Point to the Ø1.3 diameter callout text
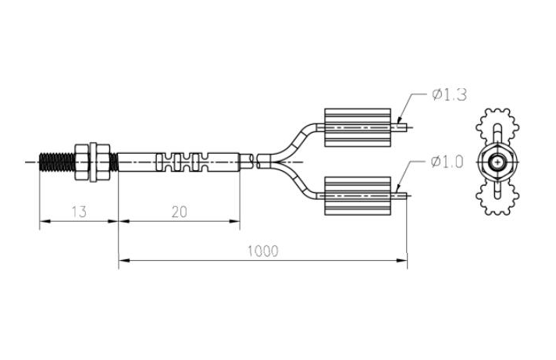pyautogui.click(x=448, y=94)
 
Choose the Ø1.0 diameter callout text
pyautogui.click(x=448, y=162)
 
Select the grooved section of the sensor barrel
pyautogui.click(x=183, y=162)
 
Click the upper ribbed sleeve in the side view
pyautogui.click(x=355, y=125)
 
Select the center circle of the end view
pyautogui.click(x=497, y=162)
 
